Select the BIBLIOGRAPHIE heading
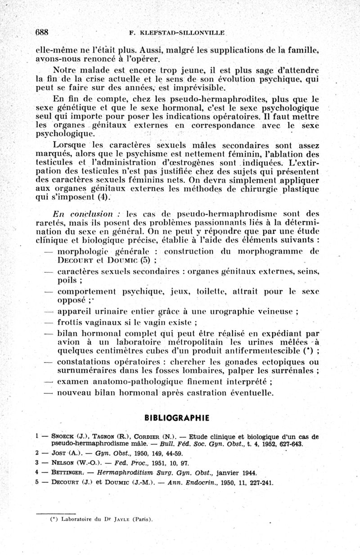point(177,418)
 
